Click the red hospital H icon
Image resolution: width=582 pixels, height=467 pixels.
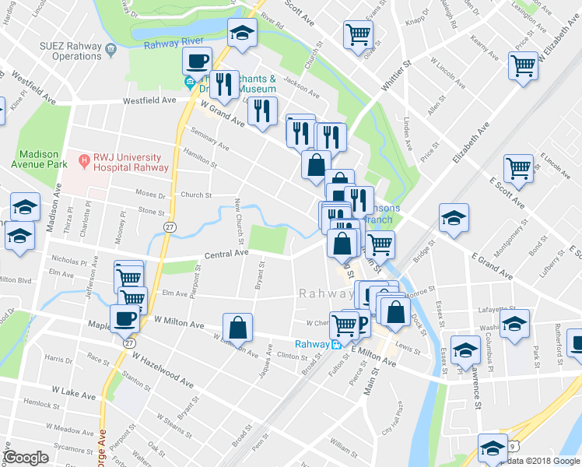[84, 161]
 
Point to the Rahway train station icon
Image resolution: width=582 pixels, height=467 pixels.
[335, 344]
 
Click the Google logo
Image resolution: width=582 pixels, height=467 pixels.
[26, 458]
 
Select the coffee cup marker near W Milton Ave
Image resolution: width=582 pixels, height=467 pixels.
[125, 318]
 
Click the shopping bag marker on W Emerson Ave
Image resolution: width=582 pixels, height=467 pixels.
[238, 328]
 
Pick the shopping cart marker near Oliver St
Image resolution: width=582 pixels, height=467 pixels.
[358, 33]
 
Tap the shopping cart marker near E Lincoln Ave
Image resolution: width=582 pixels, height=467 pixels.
[518, 167]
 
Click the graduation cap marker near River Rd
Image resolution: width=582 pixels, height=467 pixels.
[242, 33]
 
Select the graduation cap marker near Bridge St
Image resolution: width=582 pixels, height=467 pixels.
[454, 218]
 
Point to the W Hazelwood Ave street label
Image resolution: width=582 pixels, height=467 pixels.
[163, 370]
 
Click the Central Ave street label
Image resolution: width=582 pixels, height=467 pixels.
[226, 253]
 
